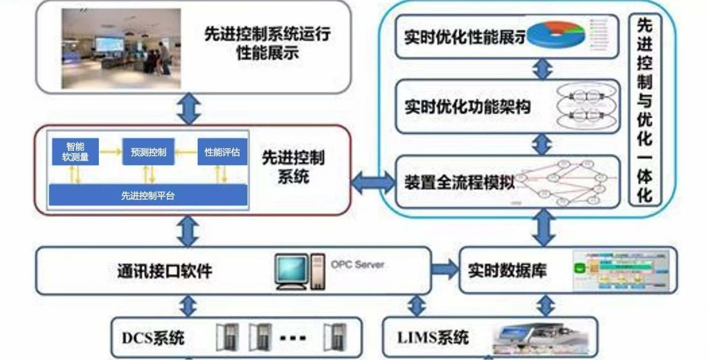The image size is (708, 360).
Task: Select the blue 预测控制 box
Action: (148, 152)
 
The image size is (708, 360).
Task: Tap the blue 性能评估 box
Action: (222, 152)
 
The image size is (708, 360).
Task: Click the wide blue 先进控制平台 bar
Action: (148, 196)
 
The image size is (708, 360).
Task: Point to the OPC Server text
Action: (357, 265)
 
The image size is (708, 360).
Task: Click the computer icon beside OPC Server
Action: (299, 271)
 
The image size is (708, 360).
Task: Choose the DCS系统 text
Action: (153, 338)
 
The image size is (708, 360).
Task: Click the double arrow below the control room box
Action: (188, 109)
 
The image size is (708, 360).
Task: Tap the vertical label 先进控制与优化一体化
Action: (645, 109)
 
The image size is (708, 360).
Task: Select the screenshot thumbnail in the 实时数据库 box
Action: (622, 271)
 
